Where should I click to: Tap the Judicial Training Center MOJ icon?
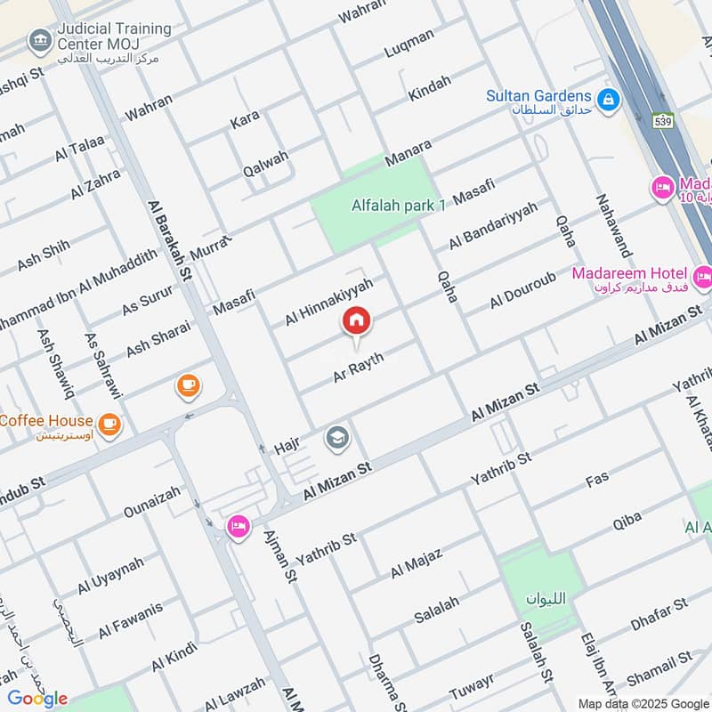[x=38, y=40]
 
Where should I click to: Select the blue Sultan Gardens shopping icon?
[x=609, y=100]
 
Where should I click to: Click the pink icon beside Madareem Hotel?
[x=702, y=278]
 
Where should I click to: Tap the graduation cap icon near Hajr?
[x=337, y=437]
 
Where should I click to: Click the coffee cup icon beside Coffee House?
[x=109, y=425]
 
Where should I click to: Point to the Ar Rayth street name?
[x=358, y=367]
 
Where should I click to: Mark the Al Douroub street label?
[x=522, y=287]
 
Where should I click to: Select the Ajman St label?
[x=279, y=557]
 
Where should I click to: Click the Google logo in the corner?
[x=38, y=699]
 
